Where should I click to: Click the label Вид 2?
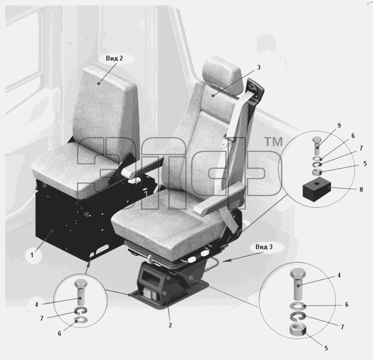[114, 58]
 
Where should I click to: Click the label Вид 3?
[264, 247]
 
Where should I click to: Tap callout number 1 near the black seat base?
[32, 255]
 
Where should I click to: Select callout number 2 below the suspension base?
[170, 325]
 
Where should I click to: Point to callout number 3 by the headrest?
[259, 67]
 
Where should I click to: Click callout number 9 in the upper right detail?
[339, 125]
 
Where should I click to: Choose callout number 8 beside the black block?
[361, 190]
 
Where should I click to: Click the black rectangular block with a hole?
[316, 190]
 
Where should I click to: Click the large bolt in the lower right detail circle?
[298, 284]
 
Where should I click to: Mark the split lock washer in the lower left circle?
[81, 311]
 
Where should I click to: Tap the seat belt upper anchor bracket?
[255, 89]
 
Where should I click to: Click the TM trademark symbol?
[274, 142]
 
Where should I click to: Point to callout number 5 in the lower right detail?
[326, 348]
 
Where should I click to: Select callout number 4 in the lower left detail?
[36, 304]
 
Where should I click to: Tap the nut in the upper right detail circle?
[317, 172]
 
